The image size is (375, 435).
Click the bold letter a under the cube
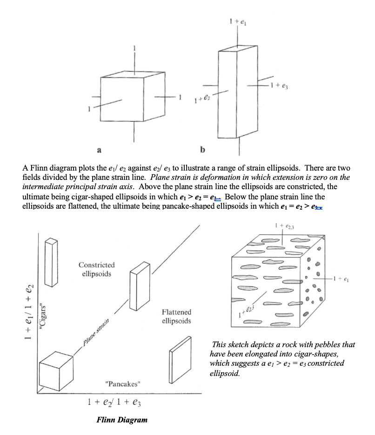pos(98,151)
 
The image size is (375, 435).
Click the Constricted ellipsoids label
pos(96,269)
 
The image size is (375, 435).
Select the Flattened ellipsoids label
pos(176,316)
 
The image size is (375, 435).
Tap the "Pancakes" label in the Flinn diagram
pos(123,384)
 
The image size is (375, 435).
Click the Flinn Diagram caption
pos(122,419)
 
